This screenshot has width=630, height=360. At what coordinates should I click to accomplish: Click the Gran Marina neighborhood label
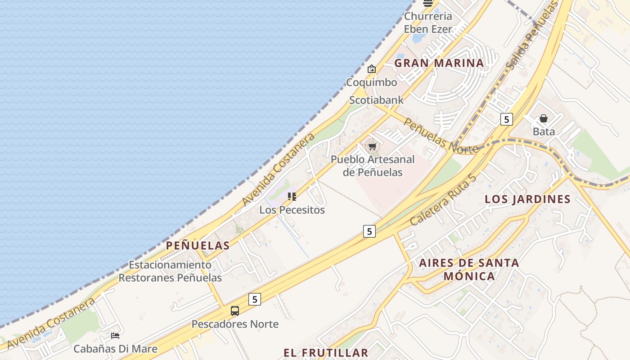(x=439, y=63)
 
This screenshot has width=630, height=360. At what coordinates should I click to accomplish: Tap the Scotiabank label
(x=377, y=100)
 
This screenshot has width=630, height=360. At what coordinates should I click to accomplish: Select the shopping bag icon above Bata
(x=544, y=119)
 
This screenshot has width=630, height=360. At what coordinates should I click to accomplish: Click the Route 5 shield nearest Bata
(x=507, y=119)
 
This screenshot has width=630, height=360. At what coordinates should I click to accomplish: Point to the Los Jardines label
(x=527, y=199)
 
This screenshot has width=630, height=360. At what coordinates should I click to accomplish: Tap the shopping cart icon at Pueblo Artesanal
(x=372, y=146)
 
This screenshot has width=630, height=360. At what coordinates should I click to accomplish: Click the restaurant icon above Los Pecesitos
(x=292, y=197)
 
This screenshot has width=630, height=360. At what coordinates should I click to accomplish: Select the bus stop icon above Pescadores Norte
(x=235, y=310)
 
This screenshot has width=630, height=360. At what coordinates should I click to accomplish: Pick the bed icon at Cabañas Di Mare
(x=115, y=336)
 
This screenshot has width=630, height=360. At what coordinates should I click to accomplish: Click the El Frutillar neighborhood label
(x=326, y=352)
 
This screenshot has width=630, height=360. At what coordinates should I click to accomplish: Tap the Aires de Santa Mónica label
(x=469, y=269)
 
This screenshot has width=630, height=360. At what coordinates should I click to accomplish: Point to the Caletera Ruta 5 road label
(x=443, y=200)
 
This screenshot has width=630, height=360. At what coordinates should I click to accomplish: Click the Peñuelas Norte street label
(x=440, y=135)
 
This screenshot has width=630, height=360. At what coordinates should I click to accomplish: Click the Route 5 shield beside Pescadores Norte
(x=255, y=299)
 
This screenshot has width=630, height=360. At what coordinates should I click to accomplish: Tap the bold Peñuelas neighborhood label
(x=198, y=245)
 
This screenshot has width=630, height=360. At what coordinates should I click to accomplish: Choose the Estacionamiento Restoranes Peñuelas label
(x=170, y=271)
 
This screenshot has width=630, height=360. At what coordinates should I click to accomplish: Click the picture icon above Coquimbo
(x=371, y=69)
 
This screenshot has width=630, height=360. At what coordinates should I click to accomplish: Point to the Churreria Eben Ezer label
(x=427, y=22)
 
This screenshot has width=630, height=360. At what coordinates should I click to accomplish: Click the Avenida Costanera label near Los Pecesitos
(x=278, y=169)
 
